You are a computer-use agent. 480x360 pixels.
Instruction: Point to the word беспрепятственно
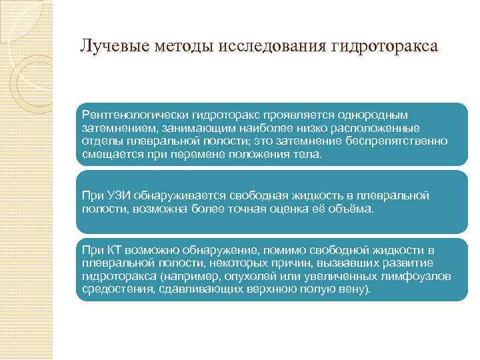pos(402,141)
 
